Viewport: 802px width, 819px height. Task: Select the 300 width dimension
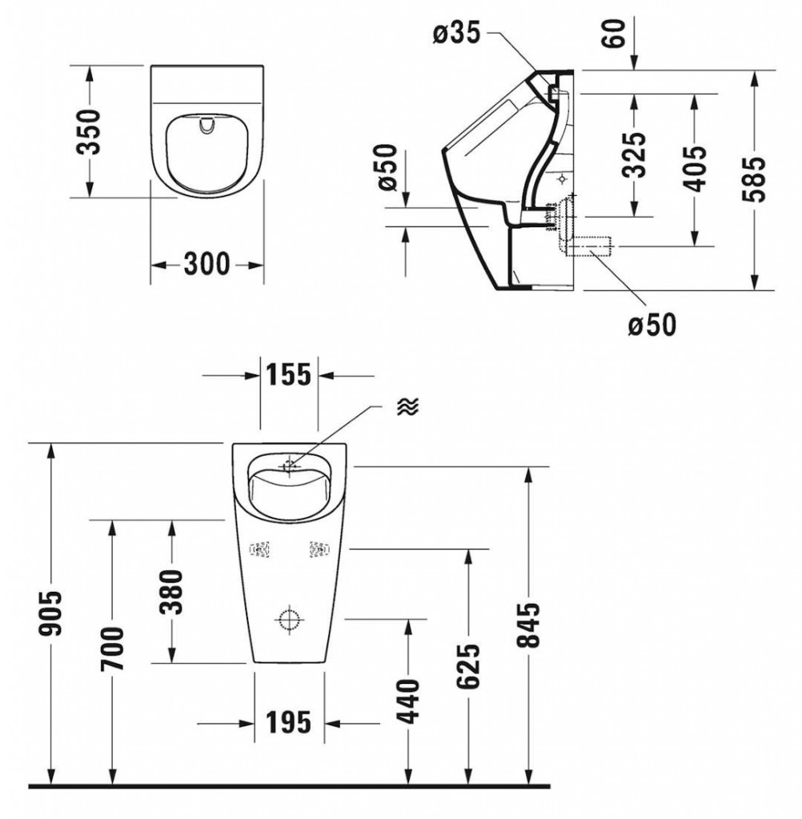click(207, 263)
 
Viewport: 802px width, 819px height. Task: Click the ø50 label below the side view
click(652, 324)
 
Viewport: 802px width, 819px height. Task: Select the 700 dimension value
click(112, 649)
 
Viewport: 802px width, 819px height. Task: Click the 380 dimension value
click(172, 591)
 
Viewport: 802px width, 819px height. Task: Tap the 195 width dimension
click(288, 722)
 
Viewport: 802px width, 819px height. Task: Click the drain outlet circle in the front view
click(289, 619)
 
